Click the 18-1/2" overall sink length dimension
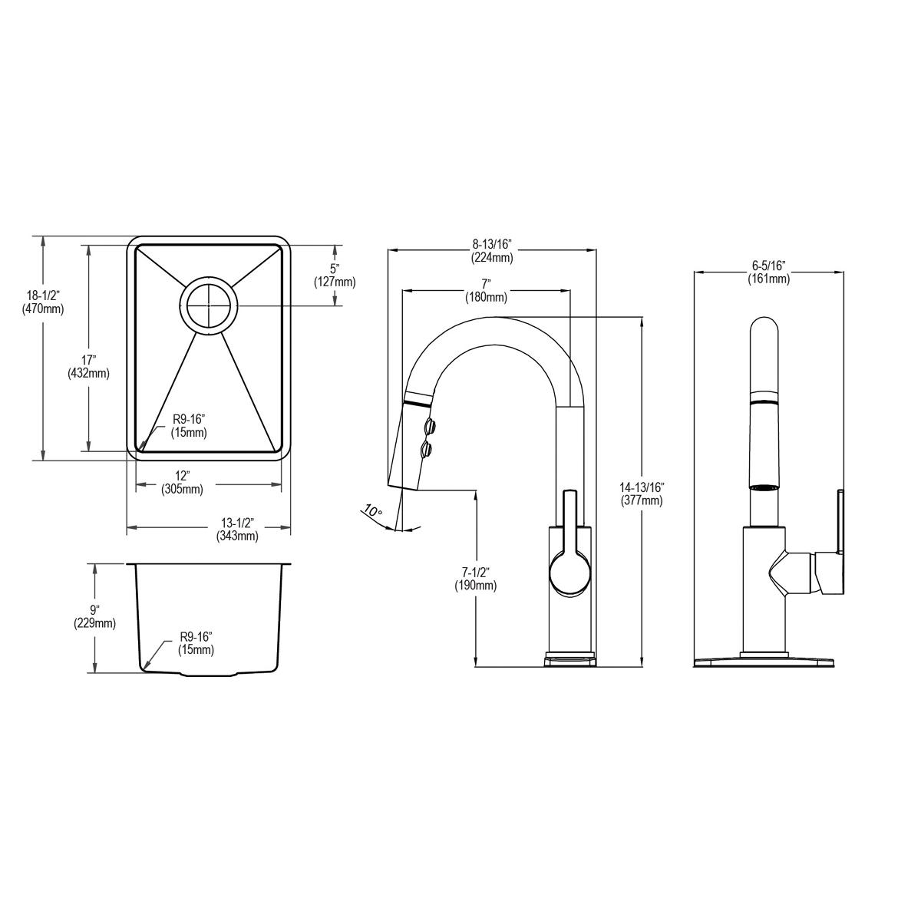pyautogui.click(x=42, y=302)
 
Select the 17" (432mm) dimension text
pyautogui.click(x=88, y=367)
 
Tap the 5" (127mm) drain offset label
pyautogui.click(x=335, y=276)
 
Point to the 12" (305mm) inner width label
pyautogui.click(x=182, y=482)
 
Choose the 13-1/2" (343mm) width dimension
pyautogui.click(x=237, y=529)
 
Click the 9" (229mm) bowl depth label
pyautogui.click(x=94, y=616)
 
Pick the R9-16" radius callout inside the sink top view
pyautogui.click(x=189, y=426)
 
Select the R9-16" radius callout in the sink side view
pyautogui.click(x=196, y=643)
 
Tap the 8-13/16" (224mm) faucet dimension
pyautogui.click(x=492, y=251)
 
